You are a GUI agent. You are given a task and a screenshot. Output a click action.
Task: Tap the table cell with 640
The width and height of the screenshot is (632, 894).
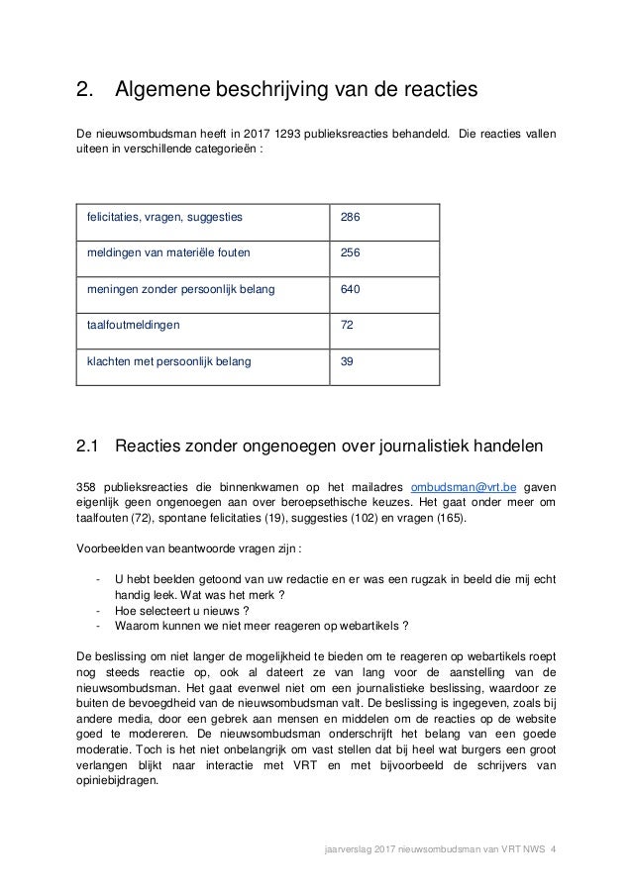click(351, 289)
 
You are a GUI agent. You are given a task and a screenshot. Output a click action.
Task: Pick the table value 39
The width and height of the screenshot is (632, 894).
click(347, 361)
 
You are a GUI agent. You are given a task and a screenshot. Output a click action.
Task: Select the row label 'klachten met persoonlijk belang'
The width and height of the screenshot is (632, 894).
click(168, 361)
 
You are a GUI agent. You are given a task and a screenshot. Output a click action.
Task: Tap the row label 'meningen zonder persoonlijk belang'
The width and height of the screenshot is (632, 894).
click(180, 289)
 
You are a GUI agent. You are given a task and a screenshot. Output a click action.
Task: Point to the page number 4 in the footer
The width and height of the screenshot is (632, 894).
click(553, 847)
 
